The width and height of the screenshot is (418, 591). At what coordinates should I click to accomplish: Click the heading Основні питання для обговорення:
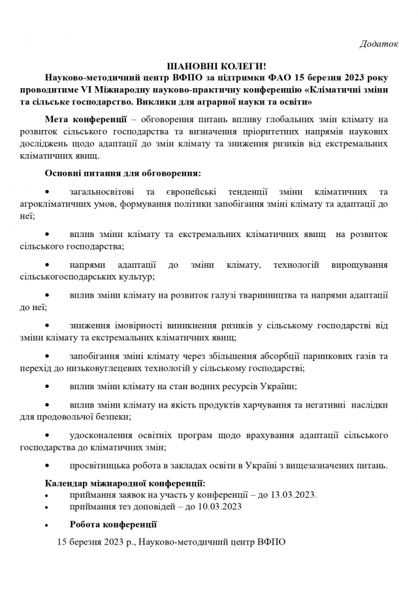(x=123, y=174)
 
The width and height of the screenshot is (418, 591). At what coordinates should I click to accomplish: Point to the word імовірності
(x=138, y=325)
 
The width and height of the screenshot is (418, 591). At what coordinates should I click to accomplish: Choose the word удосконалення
(x=102, y=435)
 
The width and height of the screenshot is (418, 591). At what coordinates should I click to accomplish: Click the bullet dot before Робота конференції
(x=48, y=524)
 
